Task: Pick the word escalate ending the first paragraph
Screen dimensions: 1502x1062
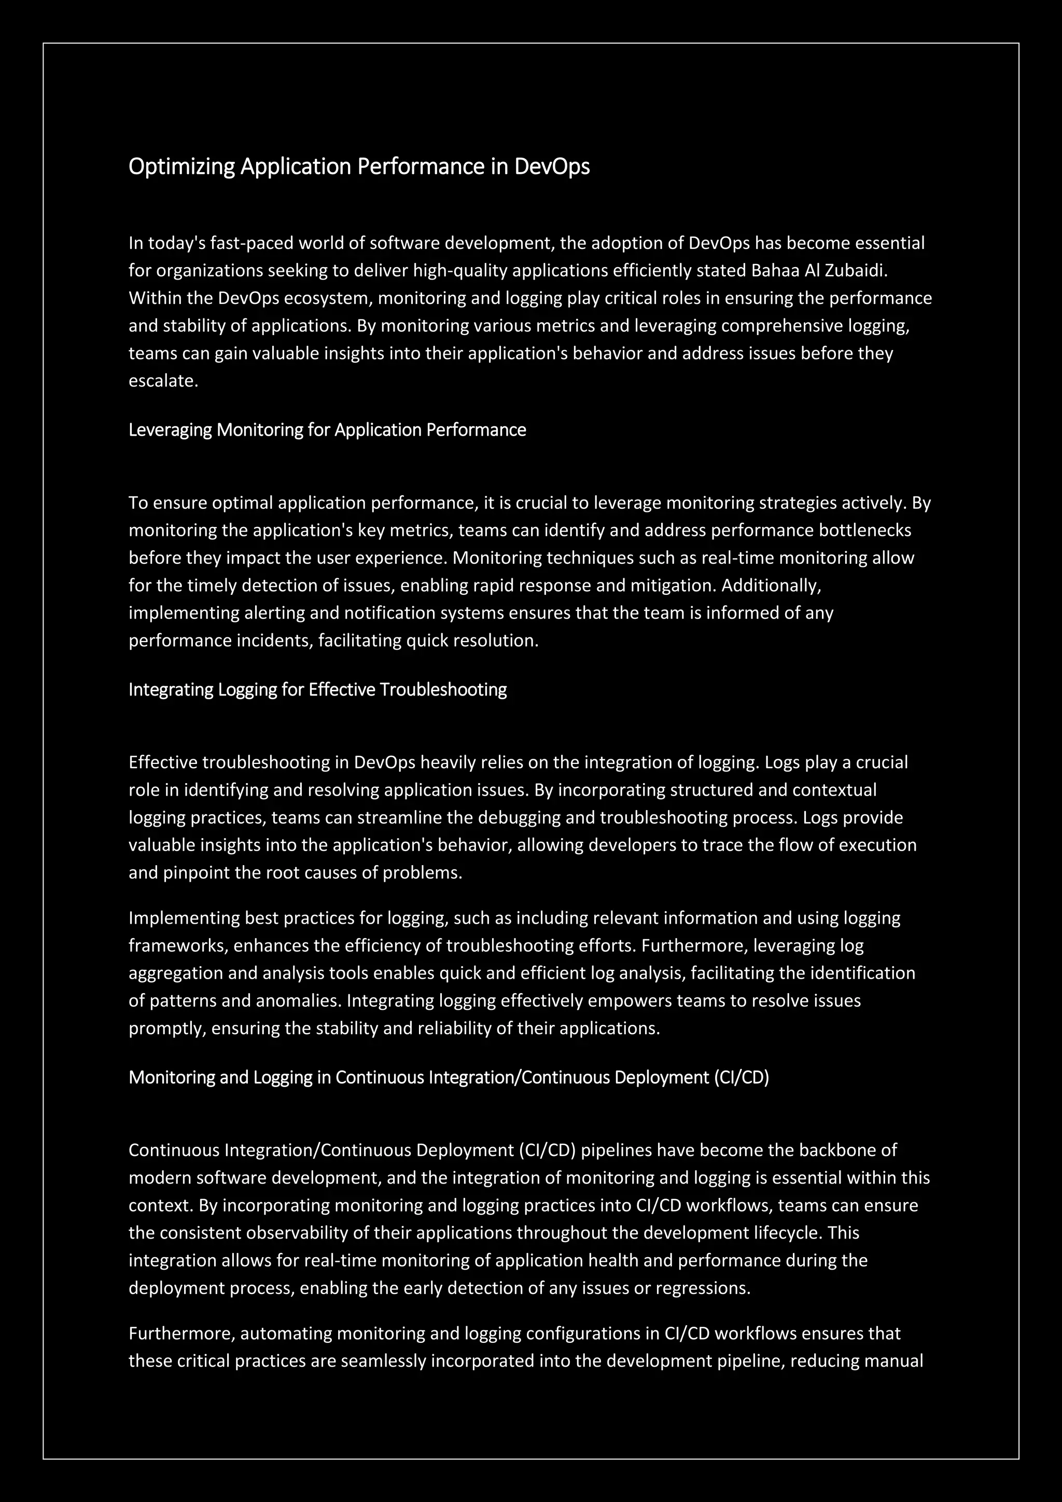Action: (x=163, y=381)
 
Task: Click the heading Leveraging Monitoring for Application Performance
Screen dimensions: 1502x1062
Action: (x=327, y=430)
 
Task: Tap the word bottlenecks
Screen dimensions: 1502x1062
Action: (x=864, y=530)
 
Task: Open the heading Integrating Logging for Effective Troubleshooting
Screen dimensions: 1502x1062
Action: (x=317, y=689)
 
